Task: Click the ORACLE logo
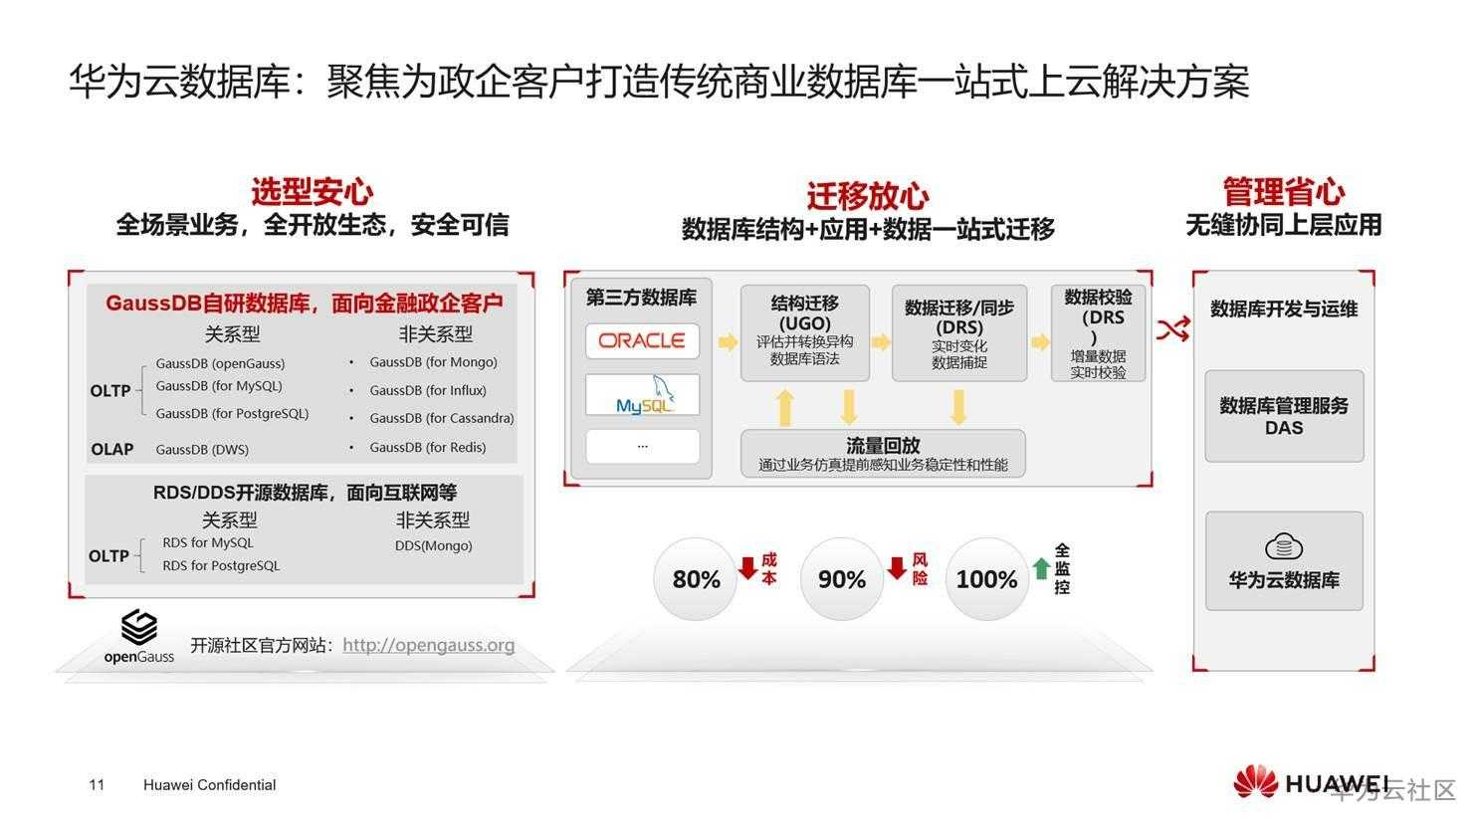tap(642, 340)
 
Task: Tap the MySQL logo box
tap(642, 394)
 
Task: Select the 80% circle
tap(696, 579)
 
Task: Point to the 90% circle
tap(841, 579)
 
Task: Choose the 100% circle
tap(986, 579)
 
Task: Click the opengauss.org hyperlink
tap(428, 645)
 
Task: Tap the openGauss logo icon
tap(139, 628)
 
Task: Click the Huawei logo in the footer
tap(1311, 782)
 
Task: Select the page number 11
tap(97, 784)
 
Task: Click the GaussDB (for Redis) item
tap(428, 447)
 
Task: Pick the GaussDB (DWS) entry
tap(202, 449)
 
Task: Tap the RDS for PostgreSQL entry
tap(221, 566)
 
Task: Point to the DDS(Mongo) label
tap(434, 545)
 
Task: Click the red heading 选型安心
tap(313, 192)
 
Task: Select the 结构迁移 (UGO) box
tap(804, 332)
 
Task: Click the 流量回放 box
tap(883, 453)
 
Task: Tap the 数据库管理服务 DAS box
tap(1284, 416)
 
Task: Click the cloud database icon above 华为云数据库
tap(1284, 546)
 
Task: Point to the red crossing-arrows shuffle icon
tap(1173, 328)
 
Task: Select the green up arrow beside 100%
tap(1041, 568)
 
